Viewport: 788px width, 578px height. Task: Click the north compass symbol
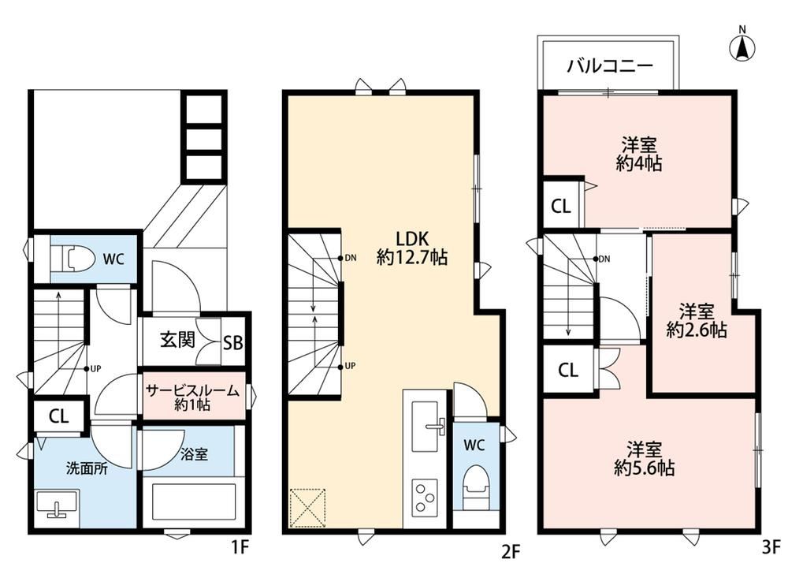(x=742, y=45)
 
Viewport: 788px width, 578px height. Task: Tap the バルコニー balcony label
(x=609, y=66)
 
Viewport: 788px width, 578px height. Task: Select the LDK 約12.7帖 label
(x=411, y=248)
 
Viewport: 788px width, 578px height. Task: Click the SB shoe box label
(x=233, y=343)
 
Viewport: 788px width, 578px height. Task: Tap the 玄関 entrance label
(x=177, y=340)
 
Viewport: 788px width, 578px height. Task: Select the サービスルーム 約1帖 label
(x=192, y=397)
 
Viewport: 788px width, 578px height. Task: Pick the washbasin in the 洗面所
(x=57, y=504)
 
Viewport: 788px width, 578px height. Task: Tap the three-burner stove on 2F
(x=425, y=498)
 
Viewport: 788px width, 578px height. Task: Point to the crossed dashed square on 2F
(x=307, y=507)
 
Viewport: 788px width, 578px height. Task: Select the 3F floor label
(x=771, y=546)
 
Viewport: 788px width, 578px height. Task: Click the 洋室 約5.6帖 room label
(x=645, y=458)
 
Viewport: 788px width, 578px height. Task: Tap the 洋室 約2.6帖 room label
(x=697, y=320)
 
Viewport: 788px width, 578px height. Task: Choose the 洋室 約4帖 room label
(x=639, y=154)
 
